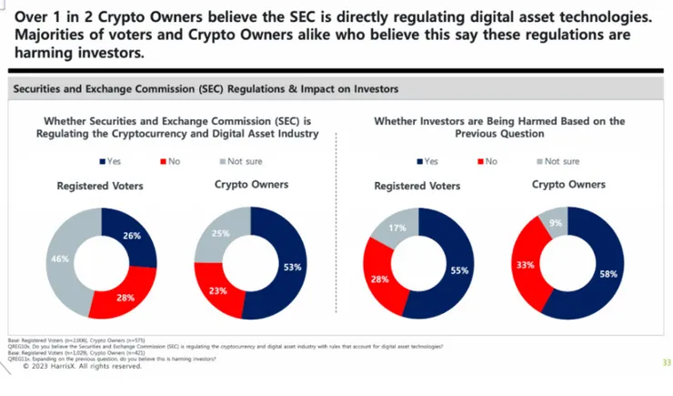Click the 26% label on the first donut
coord(132,236)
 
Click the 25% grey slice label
coord(222,233)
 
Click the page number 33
coord(666,363)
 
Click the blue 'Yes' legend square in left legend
coord(102,161)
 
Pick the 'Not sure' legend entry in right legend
coord(558,161)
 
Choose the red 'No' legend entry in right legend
coord(488,161)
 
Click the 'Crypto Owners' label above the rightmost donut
coord(568,185)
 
